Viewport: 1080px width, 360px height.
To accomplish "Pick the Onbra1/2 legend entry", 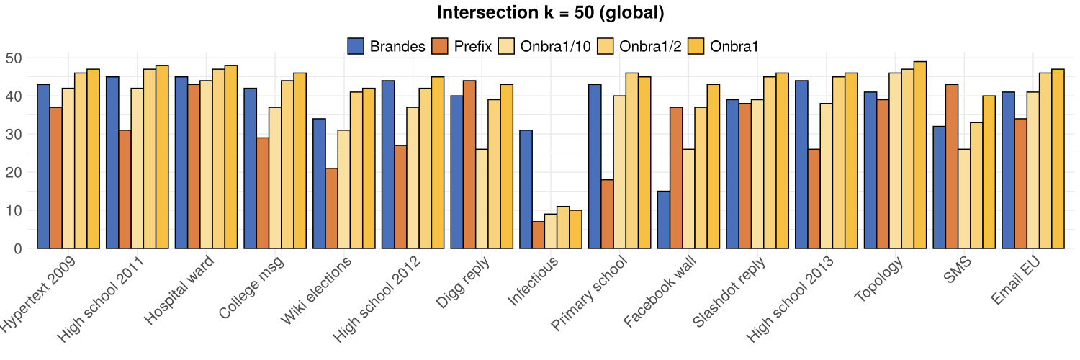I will [644, 46].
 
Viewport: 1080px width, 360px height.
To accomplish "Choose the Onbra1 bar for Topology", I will [920, 155].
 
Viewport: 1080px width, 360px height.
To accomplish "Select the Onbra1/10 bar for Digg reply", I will [482, 199].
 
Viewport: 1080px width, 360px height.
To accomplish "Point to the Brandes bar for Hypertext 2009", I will [43, 166].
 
